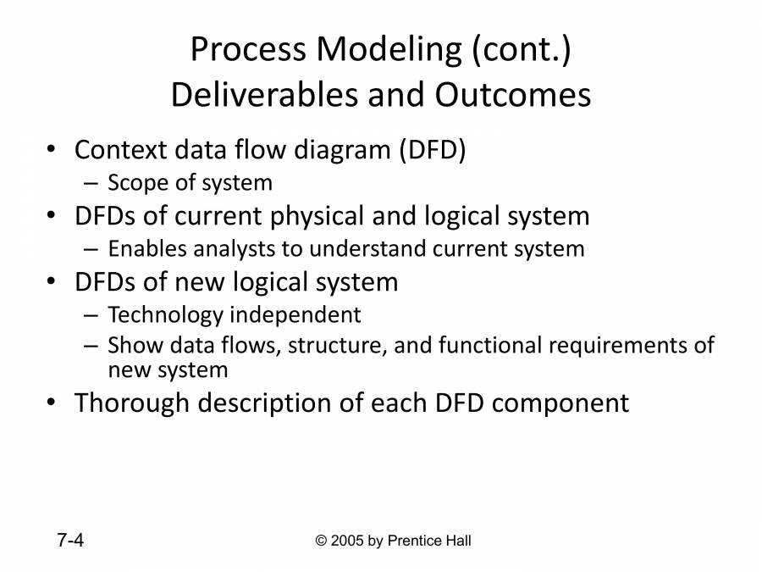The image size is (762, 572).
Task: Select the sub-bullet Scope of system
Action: [190, 182]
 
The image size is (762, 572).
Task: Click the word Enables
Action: [143, 249]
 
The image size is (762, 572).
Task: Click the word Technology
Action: [165, 315]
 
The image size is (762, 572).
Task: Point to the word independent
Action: [295, 315]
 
